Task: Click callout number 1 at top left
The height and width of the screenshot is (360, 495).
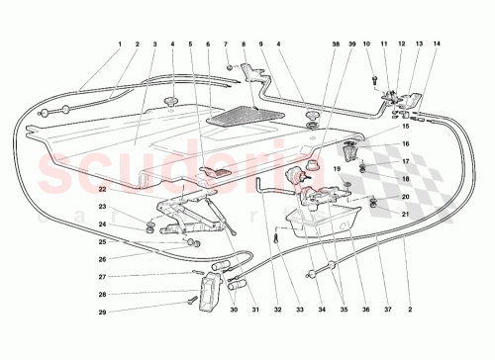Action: click(x=120, y=45)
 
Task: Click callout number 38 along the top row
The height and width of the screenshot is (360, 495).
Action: click(x=336, y=45)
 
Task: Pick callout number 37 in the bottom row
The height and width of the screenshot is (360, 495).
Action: click(x=388, y=310)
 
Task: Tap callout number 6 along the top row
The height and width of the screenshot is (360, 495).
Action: click(x=209, y=45)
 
